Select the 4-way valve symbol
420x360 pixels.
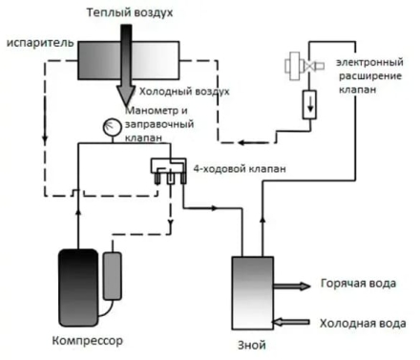point(167,168)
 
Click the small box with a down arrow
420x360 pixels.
point(311,103)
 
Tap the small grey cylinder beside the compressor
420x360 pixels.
point(115,278)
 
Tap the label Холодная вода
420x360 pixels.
point(364,322)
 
